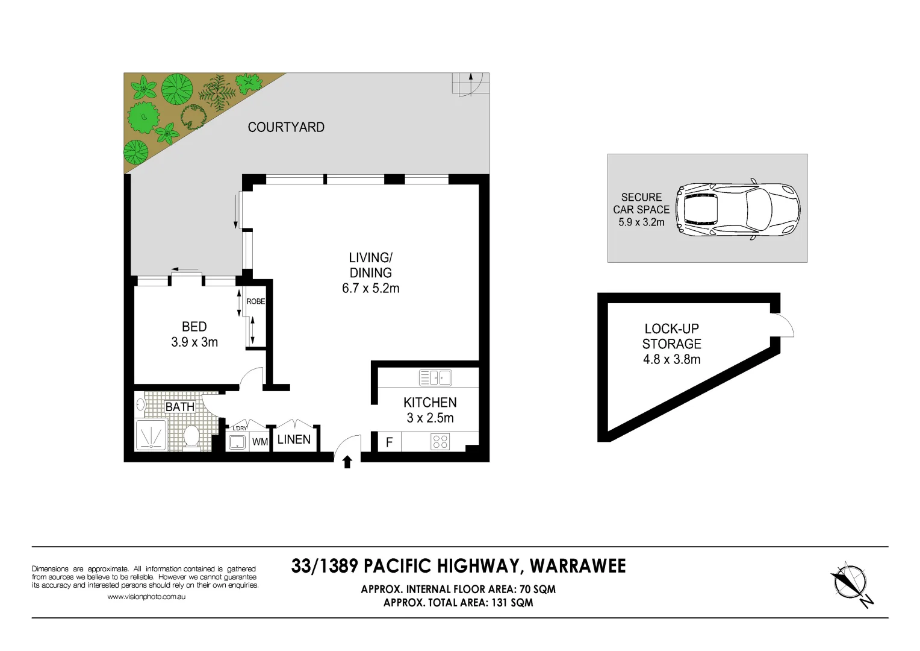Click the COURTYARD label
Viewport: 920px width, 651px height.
[286, 127]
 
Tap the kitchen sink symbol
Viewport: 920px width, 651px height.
[435, 378]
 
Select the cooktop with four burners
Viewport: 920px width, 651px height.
[440, 442]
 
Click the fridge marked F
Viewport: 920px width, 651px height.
[389, 442]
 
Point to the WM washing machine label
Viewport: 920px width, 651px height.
[260, 442]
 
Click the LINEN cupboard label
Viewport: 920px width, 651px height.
[294, 439]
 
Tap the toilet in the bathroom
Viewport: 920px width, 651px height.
[191, 438]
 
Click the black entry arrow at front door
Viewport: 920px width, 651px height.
[347, 462]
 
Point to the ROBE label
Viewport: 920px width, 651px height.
[256, 301]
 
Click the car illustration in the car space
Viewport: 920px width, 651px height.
[738, 209]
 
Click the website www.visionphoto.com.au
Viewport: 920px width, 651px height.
[146, 597]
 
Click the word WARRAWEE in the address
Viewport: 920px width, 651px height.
[578, 566]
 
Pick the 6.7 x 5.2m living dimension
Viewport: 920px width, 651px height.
[370, 289]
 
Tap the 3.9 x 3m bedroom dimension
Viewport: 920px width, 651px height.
[194, 342]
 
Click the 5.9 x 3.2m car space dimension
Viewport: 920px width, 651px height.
[641, 222]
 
